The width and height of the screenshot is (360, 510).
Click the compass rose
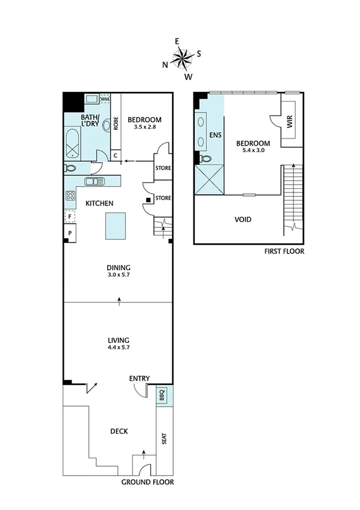pos(183,58)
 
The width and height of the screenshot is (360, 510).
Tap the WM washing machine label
pos(105,98)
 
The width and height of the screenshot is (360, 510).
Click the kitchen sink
pos(94,181)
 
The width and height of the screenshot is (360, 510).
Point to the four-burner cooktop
pos(70,195)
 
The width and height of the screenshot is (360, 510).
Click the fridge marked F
pos(70,216)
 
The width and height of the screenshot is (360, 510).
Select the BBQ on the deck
pos(162,396)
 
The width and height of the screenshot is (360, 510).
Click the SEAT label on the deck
pos(164,440)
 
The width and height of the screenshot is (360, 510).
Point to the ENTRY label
pos(139,378)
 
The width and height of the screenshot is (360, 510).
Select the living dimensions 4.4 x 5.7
pos(119,347)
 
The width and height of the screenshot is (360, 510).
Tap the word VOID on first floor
pos(243,220)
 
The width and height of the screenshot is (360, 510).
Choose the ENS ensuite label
pos(215,135)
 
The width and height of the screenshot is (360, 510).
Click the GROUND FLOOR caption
pos(147,482)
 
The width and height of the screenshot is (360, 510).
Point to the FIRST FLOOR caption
pos(284,251)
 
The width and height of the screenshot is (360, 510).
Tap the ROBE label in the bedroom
pos(116,123)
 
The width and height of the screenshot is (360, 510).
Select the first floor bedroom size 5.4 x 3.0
pos(252,151)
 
